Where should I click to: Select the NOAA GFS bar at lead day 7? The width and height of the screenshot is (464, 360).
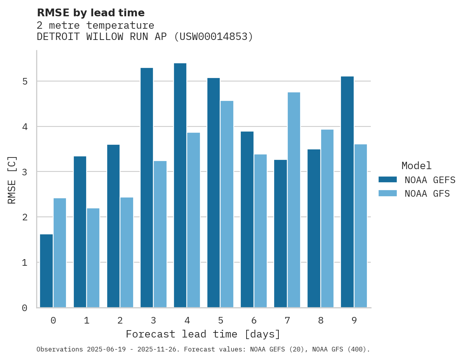coord(294,200)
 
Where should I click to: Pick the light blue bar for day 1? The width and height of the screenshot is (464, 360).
coord(93,258)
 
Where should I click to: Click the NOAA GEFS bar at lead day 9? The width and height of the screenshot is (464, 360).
coord(347,192)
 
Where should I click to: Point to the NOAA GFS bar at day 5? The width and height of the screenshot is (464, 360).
coord(227,204)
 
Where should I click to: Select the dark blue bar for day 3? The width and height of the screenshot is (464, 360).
coord(147,188)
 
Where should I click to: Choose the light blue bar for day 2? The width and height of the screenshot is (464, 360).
coord(127,253)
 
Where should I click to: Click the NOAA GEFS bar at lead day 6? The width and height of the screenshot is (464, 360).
coord(247,220)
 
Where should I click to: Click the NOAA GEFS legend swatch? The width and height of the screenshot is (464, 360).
coord(388,180)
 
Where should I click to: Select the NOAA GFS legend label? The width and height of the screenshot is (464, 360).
coord(427,194)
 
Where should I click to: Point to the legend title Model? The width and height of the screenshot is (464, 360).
coord(416,166)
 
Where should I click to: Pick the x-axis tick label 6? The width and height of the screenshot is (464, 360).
coord(254,320)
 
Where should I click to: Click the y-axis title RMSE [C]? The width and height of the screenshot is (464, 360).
coord(12,180)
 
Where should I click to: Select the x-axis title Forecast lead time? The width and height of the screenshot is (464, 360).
coord(203,334)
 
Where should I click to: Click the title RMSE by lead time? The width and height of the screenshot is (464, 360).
coord(90,13)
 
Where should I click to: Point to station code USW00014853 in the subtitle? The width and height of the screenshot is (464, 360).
coord(213,37)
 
